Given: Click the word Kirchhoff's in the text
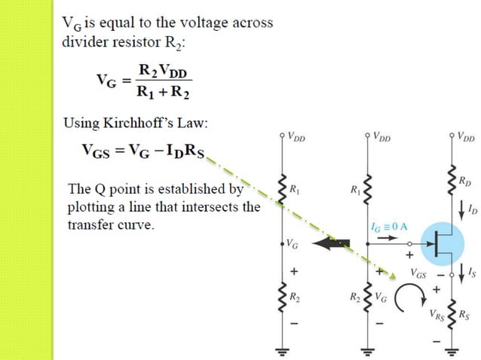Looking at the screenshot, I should click(x=154, y=123).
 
